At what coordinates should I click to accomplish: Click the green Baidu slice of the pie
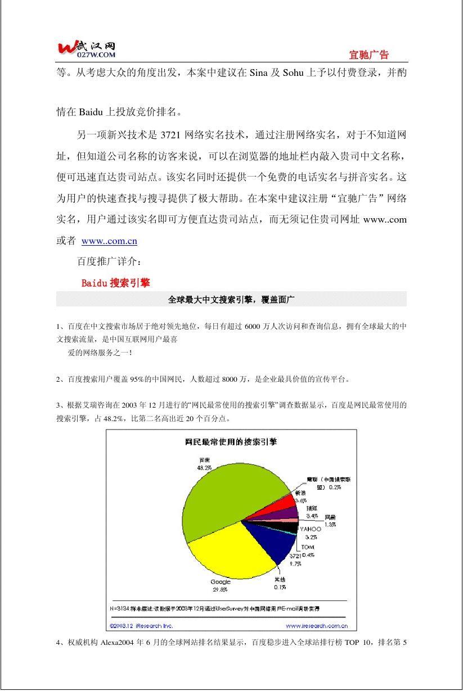(x=225, y=495)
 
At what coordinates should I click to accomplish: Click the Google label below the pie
(x=221, y=582)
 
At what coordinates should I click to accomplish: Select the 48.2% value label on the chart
(x=204, y=467)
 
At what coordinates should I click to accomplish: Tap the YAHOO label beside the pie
(x=310, y=529)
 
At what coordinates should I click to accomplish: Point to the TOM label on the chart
(x=307, y=547)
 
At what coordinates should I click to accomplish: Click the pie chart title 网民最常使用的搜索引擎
(x=231, y=442)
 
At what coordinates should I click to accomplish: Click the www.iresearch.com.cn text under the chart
(x=316, y=625)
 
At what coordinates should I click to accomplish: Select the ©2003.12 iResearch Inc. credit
(x=141, y=625)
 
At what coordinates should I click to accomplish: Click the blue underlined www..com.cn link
(x=109, y=241)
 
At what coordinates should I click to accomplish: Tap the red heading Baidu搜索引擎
(x=115, y=283)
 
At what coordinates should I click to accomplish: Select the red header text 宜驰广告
(x=368, y=55)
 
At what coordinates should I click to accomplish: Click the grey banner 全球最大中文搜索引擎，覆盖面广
(x=231, y=300)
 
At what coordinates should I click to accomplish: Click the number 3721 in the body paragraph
(x=170, y=135)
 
